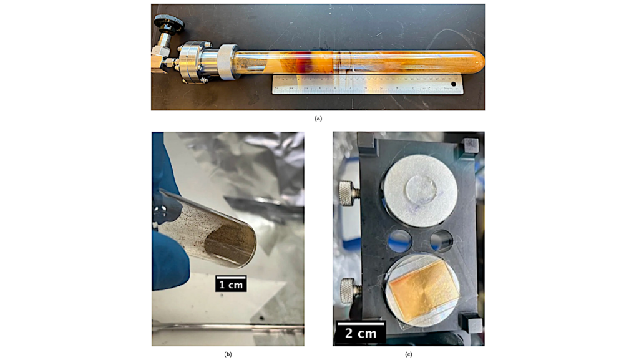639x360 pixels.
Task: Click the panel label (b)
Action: [x=228, y=354]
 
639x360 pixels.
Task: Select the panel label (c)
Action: [x=409, y=354]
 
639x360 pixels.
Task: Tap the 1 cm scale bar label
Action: [x=231, y=285]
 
